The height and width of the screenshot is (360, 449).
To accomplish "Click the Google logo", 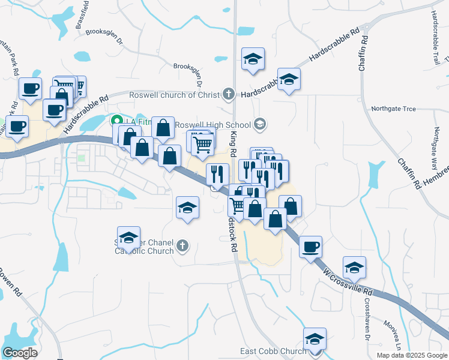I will [x=20, y=352].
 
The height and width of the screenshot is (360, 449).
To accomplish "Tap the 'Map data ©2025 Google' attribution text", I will [x=411, y=355].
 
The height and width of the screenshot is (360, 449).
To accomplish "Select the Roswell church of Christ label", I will [x=175, y=95].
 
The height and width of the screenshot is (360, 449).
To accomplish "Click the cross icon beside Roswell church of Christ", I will [x=228, y=94].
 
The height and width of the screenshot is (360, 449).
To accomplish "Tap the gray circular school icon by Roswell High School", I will [x=260, y=124].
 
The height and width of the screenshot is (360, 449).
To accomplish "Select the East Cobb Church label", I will [x=273, y=351].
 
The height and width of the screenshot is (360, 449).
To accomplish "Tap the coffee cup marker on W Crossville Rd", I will [x=310, y=246].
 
